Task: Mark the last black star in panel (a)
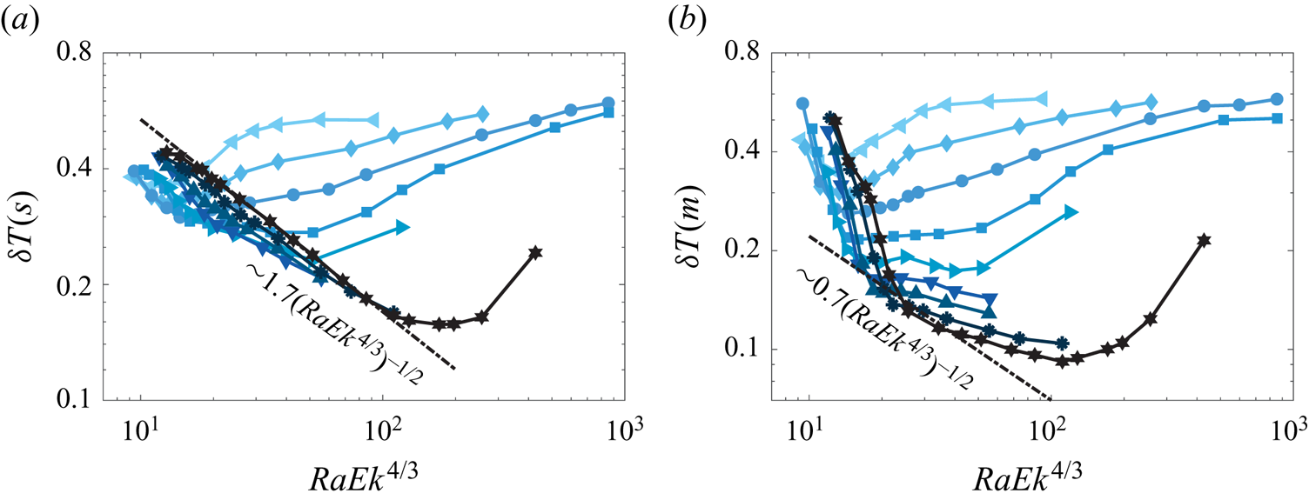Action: click(535, 252)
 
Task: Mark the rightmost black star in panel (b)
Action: click(1205, 240)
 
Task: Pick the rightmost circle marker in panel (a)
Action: click(608, 103)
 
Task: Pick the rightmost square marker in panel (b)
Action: click(1278, 118)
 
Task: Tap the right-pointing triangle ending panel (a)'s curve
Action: click(403, 227)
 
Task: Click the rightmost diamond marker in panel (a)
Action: click(484, 114)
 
